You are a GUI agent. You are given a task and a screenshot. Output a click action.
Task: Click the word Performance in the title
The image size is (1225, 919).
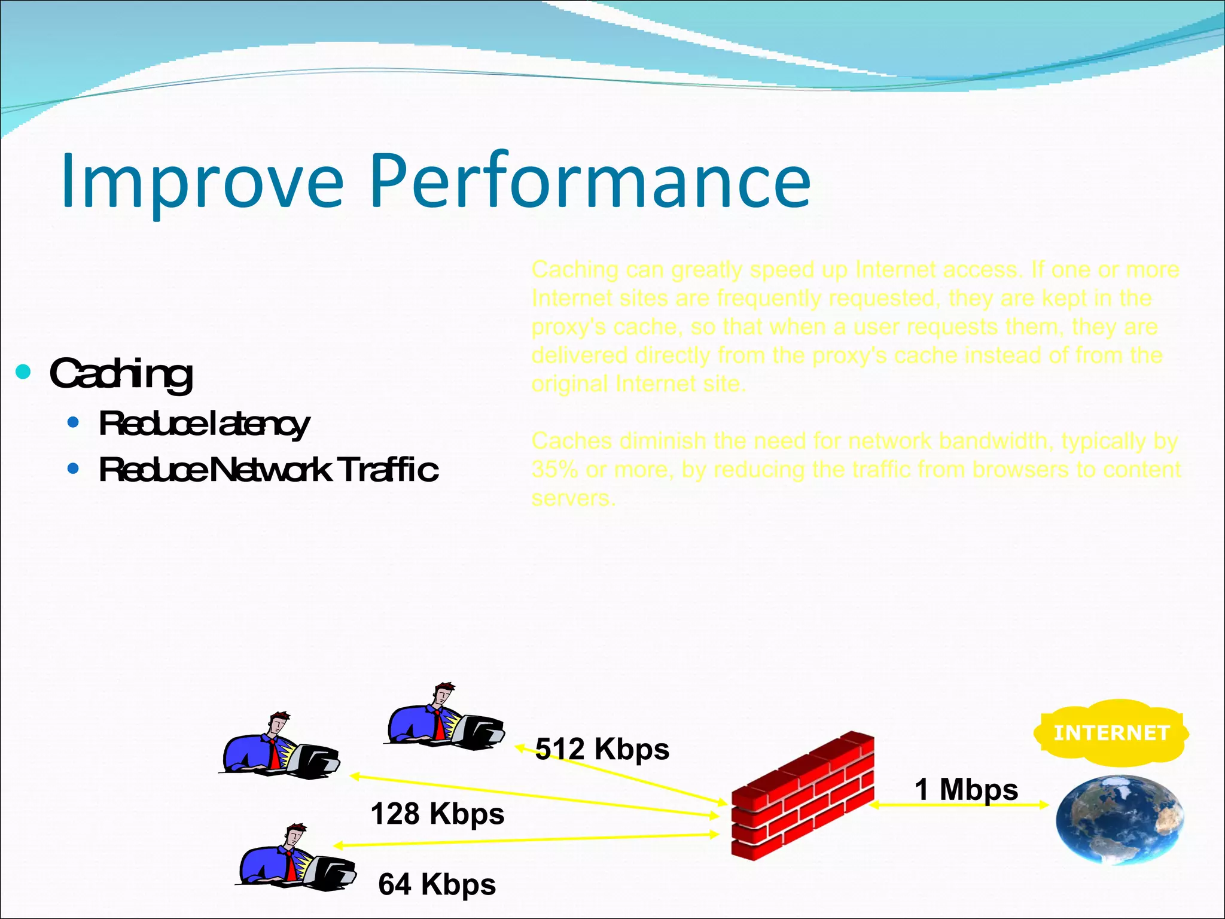pos(590,181)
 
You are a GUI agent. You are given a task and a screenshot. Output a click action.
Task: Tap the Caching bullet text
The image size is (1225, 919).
pos(121,373)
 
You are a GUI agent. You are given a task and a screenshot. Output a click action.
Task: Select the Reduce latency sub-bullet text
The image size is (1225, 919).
pos(204,424)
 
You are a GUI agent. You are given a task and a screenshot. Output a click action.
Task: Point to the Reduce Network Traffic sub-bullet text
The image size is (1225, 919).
pos(268,469)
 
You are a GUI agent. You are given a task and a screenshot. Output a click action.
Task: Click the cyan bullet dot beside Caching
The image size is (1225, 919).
pos(23,372)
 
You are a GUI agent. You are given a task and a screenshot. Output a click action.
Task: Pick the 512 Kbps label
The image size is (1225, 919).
pos(602,748)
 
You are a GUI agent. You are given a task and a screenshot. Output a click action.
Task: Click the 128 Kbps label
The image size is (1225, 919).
pos(437,814)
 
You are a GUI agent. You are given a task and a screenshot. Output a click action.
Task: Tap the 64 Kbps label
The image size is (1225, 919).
pos(437,884)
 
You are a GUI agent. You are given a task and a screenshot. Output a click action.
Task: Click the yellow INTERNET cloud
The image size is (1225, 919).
pos(1111,732)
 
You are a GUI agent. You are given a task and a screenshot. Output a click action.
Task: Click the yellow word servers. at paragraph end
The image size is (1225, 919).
pos(573,498)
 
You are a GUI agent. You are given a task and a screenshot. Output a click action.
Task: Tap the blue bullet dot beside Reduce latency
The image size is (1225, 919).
pos(73,423)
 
